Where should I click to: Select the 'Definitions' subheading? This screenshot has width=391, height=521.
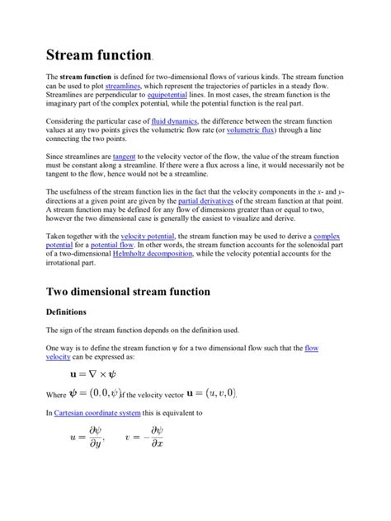[70, 312]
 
